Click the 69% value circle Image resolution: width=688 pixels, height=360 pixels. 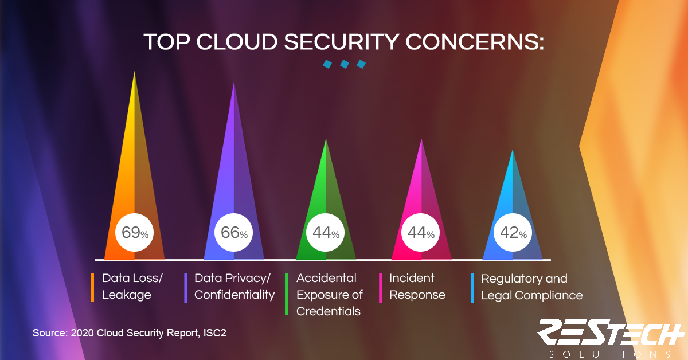tap(134, 232)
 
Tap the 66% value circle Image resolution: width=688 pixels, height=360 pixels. tap(233, 232)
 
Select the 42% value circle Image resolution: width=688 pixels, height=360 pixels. tap(513, 232)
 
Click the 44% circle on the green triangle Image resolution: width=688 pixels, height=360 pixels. tap(325, 232)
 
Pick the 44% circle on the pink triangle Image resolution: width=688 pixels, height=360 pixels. tap(420, 232)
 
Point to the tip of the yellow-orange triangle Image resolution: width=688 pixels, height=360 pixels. tap(134, 71)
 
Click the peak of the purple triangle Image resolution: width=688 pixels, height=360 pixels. tap(234, 81)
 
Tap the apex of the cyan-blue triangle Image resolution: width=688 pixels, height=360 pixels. tap(513, 149)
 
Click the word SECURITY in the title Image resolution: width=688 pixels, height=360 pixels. tap(342, 42)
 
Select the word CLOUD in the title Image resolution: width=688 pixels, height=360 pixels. tap(237, 42)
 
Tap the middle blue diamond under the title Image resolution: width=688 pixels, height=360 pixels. tap(345, 64)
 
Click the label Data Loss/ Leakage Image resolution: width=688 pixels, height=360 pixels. tap(132, 286)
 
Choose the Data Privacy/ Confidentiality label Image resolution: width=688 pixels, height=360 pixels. tap(234, 286)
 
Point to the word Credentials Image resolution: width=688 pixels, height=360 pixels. tap(329, 311)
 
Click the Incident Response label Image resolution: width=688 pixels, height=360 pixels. tap(417, 286)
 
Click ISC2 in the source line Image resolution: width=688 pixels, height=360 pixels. tap(214, 333)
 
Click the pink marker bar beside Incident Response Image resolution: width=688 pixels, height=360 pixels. tap(381, 288)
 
